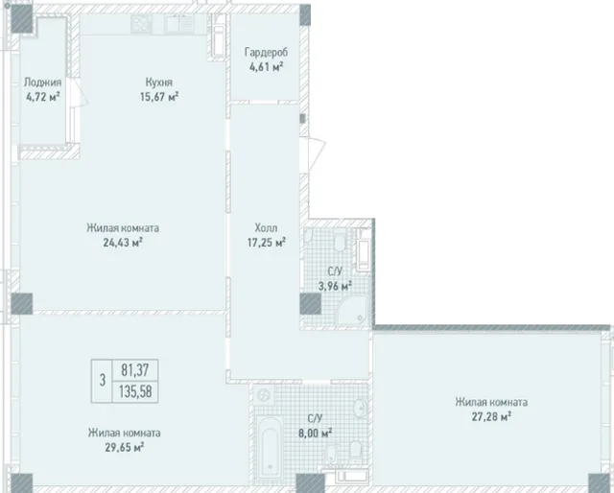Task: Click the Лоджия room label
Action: pyautogui.click(x=42, y=82)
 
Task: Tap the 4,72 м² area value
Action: pyautogui.click(x=42, y=97)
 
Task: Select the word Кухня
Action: pyautogui.click(x=159, y=82)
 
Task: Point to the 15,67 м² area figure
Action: pyautogui.click(x=159, y=96)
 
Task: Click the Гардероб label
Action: pyautogui.click(x=267, y=52)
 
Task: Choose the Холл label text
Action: pyautogui.click(x=267, y=227)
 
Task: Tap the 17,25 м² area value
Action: pyautogui.click(x=267, y=243)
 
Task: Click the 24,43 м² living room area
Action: pyautogui.click(x=123, y=243)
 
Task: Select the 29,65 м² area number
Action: pyautogui.click(x=124, y=447)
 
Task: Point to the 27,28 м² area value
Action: pyautogui.click(x=491, y=416)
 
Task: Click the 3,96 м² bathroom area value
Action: pyautogui.click(x=335, y=286)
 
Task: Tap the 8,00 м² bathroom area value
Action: pyautogui.click(x=315, y=434)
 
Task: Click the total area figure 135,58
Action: pyautogui.click(x=135, y=391)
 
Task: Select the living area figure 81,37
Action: pyautogui.click(x=134, y=369)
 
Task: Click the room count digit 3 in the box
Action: pyautogui.click(x=103, y=380)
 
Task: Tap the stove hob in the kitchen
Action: pyautogui.click(x=141, y=24)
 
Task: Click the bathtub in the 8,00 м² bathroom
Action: pyautogui.click(x=270, y=448)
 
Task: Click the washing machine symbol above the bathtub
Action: pyautogui.click(x=264, y=395)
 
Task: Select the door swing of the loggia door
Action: pyautogui.click(x=82, y=91)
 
